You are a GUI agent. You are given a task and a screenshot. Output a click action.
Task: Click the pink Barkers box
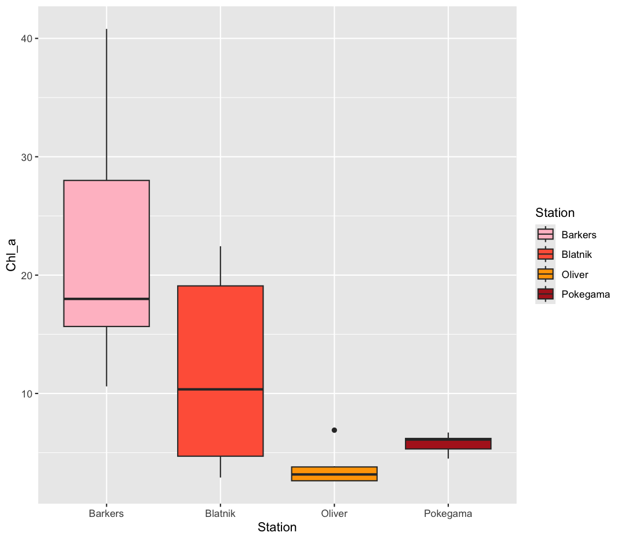point(106,242)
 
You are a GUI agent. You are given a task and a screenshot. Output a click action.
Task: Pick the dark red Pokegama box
point(448,444)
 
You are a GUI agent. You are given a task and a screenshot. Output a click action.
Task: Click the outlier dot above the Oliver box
point(334,430)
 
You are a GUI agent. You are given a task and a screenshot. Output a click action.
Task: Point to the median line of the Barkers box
point(106,299)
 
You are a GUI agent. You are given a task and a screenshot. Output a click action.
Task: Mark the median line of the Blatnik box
point(220,389)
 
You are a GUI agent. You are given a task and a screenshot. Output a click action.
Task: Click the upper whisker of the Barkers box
point(106,104)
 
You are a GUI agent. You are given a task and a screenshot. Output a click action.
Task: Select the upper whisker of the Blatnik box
point(220,266)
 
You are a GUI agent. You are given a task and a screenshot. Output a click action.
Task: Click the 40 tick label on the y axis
point(26,39)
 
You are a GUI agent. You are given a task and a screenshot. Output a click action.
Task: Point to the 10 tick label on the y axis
point(26,394)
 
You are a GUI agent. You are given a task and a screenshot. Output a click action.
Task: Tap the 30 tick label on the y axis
point(26,157)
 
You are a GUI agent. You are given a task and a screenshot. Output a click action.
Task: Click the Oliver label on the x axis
point(334,513)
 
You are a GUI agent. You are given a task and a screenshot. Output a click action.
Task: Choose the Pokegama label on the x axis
point(448,513)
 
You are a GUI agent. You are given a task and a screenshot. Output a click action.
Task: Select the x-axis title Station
point(277,527)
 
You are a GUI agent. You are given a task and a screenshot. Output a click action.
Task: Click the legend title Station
point(554,213)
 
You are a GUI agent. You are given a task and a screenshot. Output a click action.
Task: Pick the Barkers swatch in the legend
point(545,235)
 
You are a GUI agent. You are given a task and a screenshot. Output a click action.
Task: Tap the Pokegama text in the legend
point(586,294)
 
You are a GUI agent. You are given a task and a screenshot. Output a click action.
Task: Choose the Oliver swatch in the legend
point(545,274)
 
